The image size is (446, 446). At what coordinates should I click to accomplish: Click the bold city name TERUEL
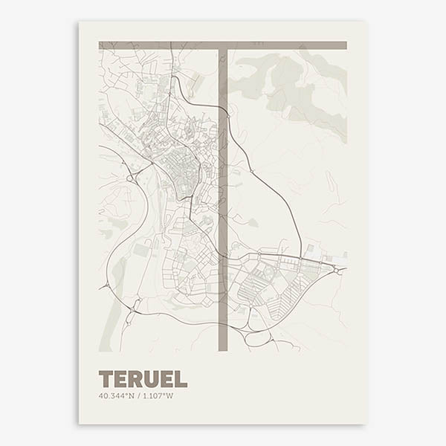point(143,378)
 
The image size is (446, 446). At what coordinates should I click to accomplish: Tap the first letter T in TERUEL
point(106,378)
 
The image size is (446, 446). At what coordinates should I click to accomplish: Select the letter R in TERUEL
point(135,378)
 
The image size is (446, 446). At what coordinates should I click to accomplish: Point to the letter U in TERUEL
point(151,378)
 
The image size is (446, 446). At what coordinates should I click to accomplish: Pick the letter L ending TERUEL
point(181,378)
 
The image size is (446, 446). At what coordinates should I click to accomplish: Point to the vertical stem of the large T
point(222,193)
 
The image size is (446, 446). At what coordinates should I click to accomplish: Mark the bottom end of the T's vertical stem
point(222,347)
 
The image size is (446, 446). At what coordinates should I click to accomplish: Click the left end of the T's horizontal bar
point(102,45)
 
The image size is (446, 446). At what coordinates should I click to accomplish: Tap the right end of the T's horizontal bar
point(343,45)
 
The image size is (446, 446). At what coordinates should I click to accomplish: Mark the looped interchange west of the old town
point(132,178)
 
